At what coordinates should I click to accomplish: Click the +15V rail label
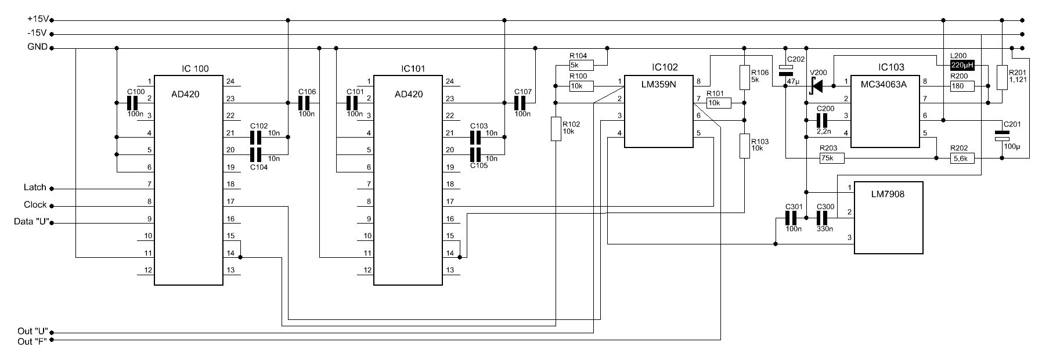click(37, 19)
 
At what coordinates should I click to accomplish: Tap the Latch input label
click(34, 188)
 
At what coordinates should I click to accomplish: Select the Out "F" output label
click(32, 341)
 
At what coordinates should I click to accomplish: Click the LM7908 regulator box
click(888, 218)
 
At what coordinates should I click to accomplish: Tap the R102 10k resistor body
click(556, 128)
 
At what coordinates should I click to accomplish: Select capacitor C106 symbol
click(306, 103)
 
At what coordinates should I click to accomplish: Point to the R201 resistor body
click(1002, 77)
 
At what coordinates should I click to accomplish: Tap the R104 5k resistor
click(581, 65)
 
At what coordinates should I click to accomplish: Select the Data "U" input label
click(30, 222)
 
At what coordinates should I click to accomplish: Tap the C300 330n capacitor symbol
click(823, 218)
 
